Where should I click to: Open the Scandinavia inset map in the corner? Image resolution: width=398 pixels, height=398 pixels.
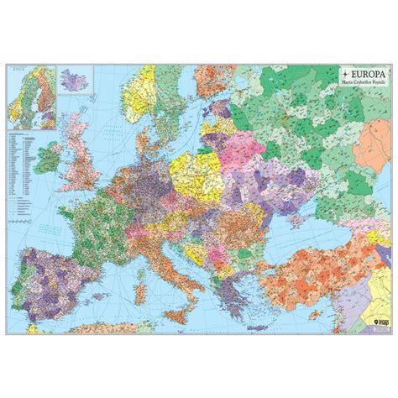pyautogui.click(x=30, y=92)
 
